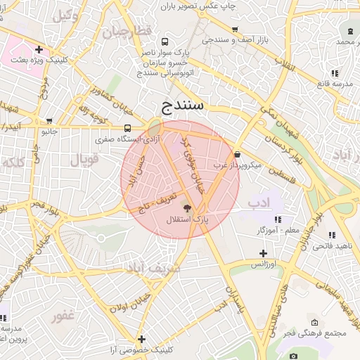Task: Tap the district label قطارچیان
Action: pyautogui.click(x=127, y=33)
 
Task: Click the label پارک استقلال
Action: pyautogui.click(x=187, y=220)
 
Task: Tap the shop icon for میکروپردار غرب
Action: pyautogui.click(x=237, y=155)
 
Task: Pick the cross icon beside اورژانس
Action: pyautogui.click(x=263, y=253)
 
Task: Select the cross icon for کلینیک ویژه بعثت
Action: pyautogui.click(x=39, y=50)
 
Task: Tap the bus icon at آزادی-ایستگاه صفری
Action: pyautogui.click(x=127, y=128)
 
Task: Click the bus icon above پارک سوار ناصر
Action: pyautogui.click(x=165, y=41)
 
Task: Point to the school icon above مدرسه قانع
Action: pyautogui.click(x=335, y=72)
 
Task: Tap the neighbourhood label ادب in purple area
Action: pyautogui.click(x=259, y=204)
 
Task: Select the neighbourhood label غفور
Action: pyautogui.click(x=62, y=316)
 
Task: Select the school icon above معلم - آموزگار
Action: pyautogui.click(x=278, y=219)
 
